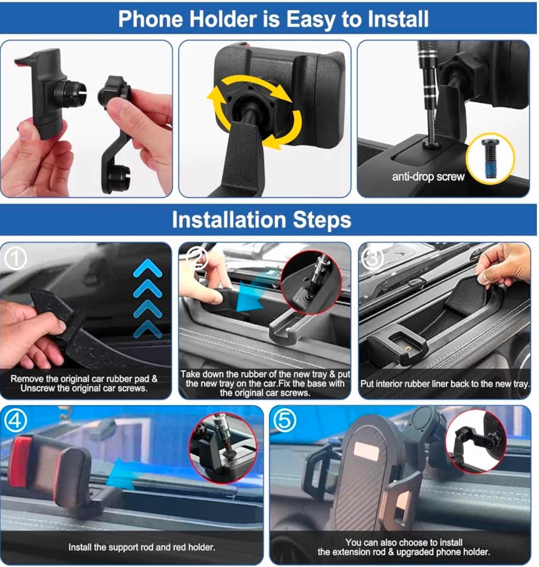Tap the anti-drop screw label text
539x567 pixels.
[x=428, y=176]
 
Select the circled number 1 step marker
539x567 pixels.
[x=15, y=259]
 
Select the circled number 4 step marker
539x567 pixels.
[x=15, y=421]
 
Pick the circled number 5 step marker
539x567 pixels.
[x=285, y=421]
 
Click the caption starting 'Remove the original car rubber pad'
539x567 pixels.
[x=84, y=383]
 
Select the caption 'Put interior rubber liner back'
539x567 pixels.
[x=445, y=384]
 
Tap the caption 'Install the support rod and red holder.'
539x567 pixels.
[x=141, y=547]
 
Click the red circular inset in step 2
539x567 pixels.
[x=311, y=282]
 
